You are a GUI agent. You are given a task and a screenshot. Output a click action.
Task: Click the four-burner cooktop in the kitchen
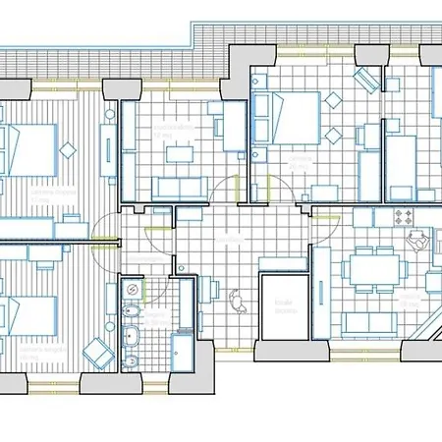click(403, 215)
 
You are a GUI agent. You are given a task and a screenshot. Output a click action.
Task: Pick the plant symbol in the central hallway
click(236, 298)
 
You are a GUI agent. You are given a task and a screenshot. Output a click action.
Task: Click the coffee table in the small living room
click(178, 153)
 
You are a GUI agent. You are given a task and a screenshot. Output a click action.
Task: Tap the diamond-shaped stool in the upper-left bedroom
click(70, 150)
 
